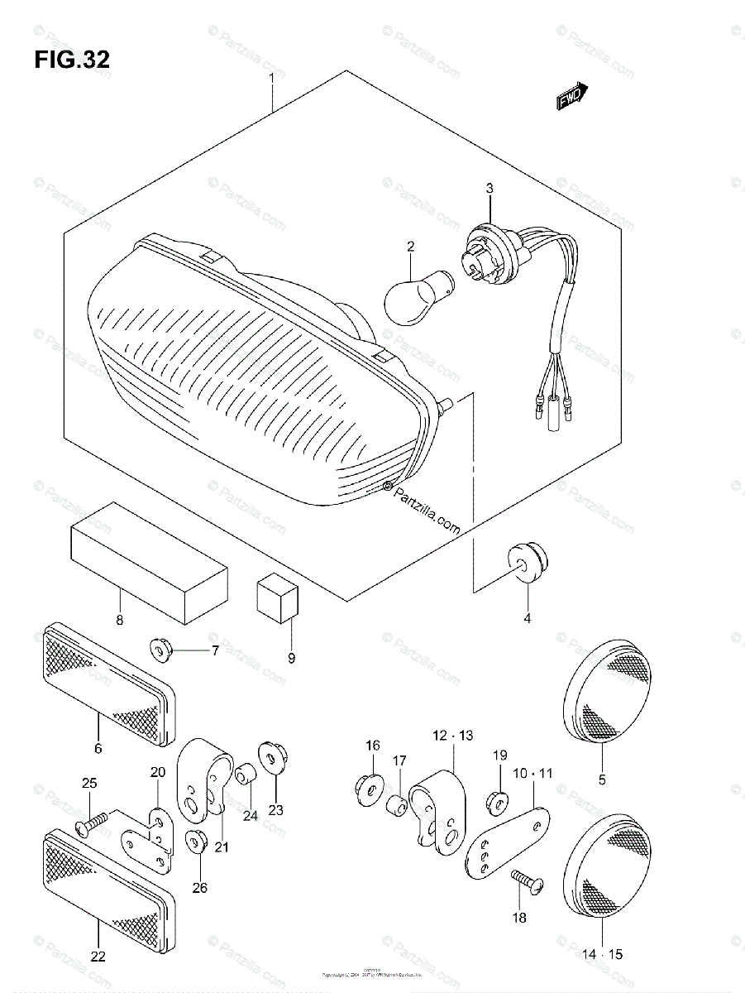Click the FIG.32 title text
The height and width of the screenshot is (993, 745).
pos(71,60)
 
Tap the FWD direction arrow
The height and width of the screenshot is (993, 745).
pos(571,97)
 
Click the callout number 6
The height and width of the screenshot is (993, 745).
pos(98,749)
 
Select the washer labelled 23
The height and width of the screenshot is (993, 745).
pos(270,756)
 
